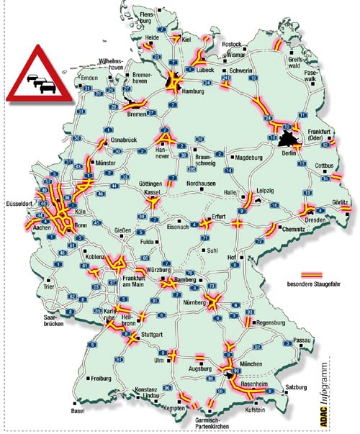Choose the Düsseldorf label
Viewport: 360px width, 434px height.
18,204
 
